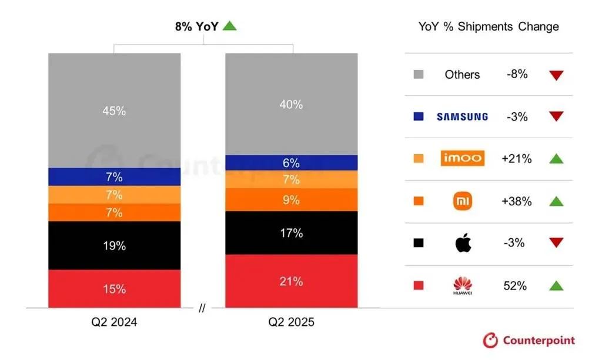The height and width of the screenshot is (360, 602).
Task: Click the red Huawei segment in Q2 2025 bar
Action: [292, 281]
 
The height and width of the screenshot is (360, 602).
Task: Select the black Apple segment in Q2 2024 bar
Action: [115, 245]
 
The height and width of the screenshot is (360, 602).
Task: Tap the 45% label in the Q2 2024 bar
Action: [115, 111]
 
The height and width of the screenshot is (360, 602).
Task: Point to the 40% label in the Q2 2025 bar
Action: [292, 105]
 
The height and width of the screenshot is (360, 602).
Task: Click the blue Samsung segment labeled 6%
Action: [292, 163]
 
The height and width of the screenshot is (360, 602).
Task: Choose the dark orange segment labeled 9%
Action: [292, 200]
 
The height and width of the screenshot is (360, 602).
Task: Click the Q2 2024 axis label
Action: [115, 322]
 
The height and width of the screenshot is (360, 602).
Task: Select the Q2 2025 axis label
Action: [292, 322]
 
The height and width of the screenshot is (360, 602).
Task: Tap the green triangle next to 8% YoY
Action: [229, 26]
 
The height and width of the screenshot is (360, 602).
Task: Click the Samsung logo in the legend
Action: [462, 117]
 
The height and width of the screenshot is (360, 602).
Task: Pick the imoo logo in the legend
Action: [462, 158]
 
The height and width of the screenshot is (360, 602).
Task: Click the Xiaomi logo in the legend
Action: [463, 201]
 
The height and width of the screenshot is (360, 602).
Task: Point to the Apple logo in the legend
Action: [463, 243]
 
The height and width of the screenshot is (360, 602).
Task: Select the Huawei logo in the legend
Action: [463, 286]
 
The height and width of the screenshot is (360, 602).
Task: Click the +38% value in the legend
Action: [517, 201]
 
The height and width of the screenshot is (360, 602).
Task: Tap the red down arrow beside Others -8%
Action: [556, 75]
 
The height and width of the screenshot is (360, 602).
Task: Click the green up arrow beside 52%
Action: [556, 286]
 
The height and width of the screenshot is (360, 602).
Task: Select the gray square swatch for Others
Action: [419, 75]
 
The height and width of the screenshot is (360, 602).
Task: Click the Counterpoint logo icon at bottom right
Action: [490, 340]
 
